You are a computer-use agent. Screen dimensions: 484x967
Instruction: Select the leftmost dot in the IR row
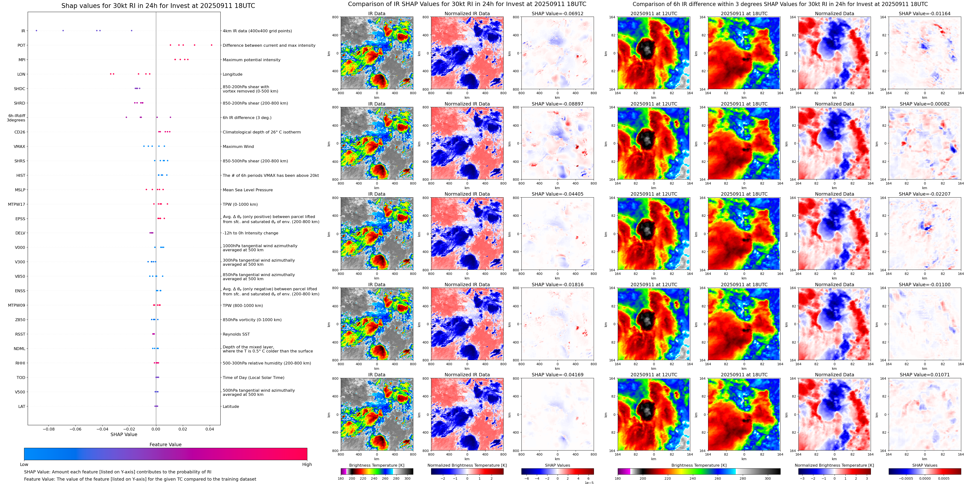36,30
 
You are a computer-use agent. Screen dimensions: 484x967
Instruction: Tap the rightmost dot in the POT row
212,45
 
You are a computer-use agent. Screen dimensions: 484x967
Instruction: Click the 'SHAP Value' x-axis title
124,434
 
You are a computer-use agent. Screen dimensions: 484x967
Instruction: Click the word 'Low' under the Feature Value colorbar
24,464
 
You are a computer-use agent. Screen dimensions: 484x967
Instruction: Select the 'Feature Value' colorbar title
165,444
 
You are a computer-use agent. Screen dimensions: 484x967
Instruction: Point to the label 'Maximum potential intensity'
251,60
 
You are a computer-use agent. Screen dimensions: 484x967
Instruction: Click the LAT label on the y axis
22,406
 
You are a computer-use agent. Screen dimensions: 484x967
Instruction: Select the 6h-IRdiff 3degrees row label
17,118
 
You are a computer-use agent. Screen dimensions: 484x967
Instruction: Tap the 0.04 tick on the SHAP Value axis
210,429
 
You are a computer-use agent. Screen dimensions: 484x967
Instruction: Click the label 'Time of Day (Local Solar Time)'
253,377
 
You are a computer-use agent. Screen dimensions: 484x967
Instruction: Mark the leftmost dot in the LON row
110,74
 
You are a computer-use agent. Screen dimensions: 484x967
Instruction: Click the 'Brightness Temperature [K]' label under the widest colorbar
699,465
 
